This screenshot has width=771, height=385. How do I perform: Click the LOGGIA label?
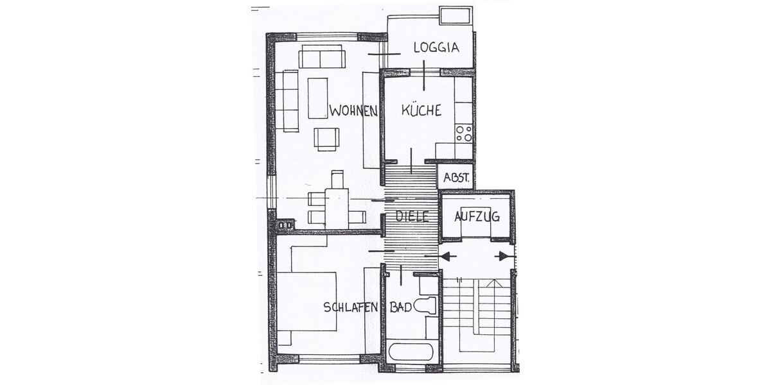(x=436, y=47)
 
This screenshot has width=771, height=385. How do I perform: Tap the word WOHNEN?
(x=353, y=111)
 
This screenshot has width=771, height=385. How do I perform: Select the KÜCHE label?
(x=421, y=110)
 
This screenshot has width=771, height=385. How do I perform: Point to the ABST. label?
(x=456, y=178)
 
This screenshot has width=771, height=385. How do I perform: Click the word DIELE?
(x=411, y=217)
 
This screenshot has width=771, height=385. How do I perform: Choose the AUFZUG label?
(x=477, y=216)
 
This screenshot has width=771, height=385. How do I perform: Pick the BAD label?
(x=401, y=307)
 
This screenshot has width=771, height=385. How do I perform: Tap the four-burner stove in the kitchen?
(x=464, y=134)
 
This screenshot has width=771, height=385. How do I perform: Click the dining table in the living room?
(x=336, y=207)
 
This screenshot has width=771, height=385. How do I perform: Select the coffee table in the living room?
(x=318, y=98)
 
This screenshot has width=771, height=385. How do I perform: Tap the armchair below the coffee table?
(x=326, y=139)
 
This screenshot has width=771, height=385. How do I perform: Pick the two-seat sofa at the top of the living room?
(x=323, y=58)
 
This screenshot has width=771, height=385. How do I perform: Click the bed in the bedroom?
(x=307, y=301)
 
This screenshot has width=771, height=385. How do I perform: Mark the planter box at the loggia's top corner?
(x=456, y=15)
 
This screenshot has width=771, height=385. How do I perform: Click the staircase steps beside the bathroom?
(x=475, y=314)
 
